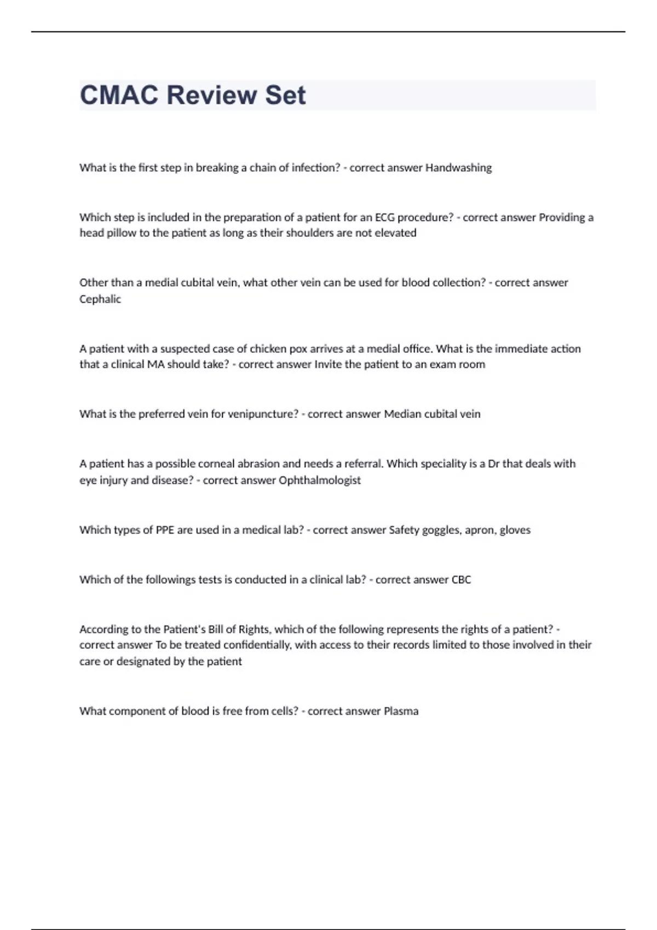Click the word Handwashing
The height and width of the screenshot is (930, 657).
(458, 168)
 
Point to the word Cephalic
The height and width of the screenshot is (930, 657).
(100, 299)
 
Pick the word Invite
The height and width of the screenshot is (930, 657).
(328, 364)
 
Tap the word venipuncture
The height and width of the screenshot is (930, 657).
(262, 414)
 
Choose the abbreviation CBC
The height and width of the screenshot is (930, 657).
(461, 580)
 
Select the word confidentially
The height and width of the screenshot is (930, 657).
(257, 645)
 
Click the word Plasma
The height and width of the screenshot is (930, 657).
(401, 711)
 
